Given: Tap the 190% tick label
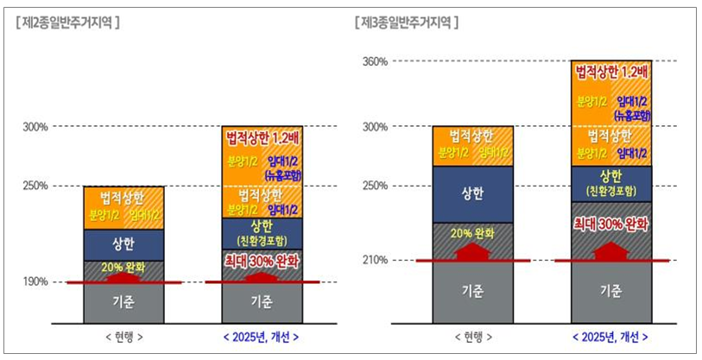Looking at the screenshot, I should point(36,281).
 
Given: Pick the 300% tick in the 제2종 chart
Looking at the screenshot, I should point(36,127).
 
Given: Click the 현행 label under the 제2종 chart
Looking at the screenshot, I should point(123,336).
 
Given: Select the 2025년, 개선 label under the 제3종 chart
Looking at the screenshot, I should point(611,336).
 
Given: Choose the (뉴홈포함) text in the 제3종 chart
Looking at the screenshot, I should point(632,114).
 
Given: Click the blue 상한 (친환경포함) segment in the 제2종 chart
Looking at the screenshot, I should point(262,231).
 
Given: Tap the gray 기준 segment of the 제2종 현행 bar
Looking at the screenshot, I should point(123,302).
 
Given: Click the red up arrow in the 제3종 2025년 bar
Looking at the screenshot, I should point(611,250).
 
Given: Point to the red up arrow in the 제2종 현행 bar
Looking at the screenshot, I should point(123,277).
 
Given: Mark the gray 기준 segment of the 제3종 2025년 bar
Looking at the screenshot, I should point(611,291).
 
